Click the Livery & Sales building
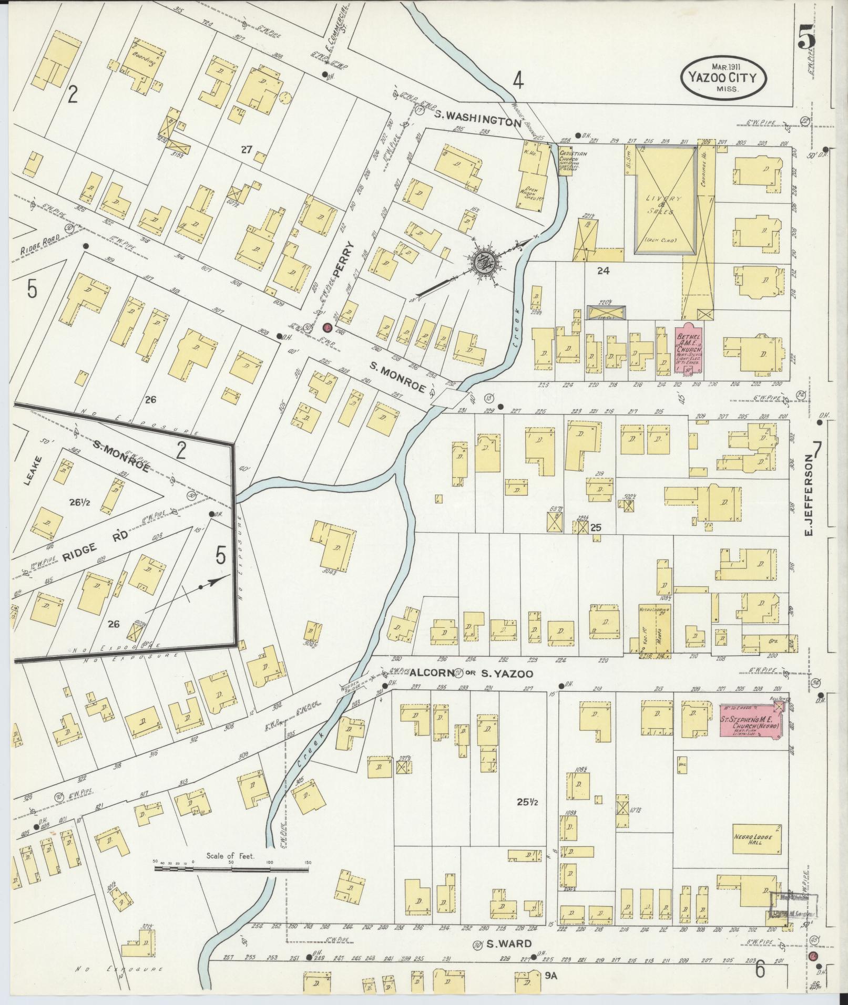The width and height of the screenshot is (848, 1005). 666,201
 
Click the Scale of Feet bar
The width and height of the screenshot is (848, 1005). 231,868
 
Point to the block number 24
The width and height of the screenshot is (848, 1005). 602,271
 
